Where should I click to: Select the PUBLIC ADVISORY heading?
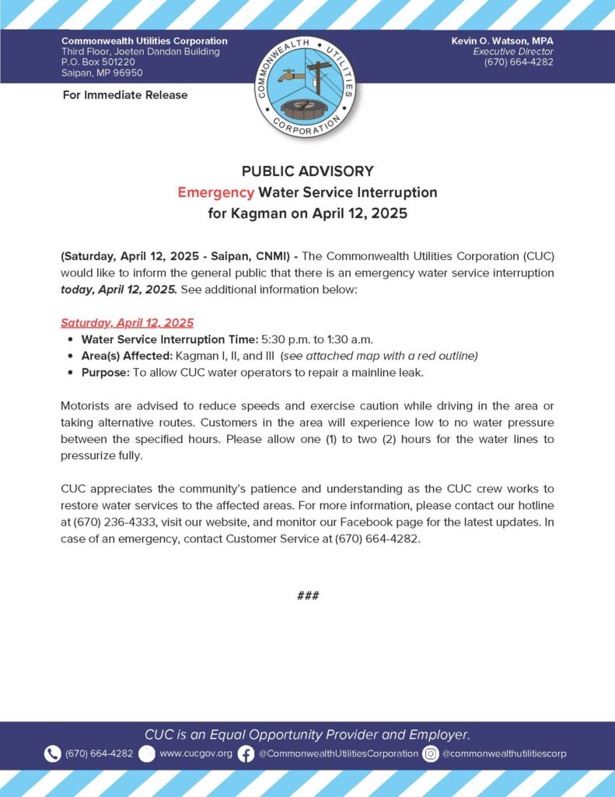[307, 171]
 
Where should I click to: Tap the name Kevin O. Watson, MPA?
[502, 40]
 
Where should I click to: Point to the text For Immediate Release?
[124, 95]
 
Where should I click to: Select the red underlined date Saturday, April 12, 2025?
[127, 323]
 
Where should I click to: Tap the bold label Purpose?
[105, 372]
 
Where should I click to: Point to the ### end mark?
[307, 595]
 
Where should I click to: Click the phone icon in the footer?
[53, 753]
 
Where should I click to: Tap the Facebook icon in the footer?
[246, 753]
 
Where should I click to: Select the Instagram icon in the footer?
[431, 753]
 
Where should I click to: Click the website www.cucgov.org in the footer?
[196, 753]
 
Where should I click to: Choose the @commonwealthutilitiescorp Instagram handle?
[504, 753]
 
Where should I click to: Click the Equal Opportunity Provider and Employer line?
[307, 734]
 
